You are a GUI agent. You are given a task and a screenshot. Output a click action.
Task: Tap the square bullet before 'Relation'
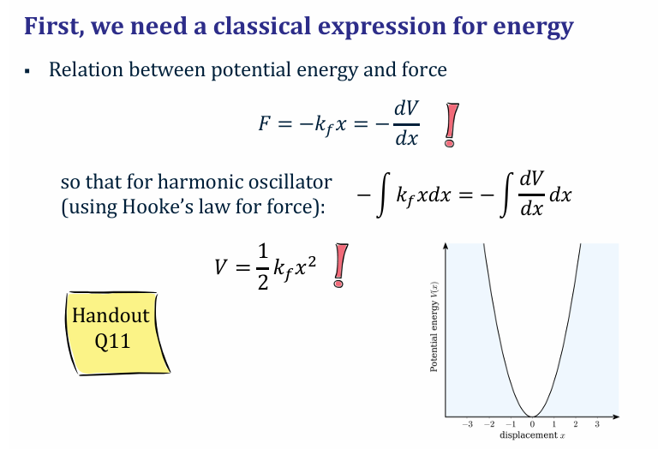coord(28,71)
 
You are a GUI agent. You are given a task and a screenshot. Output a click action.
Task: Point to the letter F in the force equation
coord(265,123)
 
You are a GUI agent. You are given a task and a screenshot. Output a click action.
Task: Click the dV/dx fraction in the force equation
coord(406,123)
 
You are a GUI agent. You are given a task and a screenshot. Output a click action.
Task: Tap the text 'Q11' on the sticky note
coord(111,341)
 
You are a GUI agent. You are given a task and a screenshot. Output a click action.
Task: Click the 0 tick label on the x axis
coord(532,424)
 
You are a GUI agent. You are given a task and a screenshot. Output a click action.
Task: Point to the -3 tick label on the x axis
coord(467,424)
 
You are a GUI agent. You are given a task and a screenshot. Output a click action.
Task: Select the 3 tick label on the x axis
coord(597,424)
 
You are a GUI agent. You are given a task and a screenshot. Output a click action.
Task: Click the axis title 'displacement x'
coord(532,435)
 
